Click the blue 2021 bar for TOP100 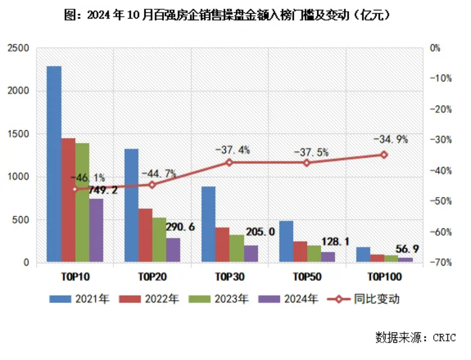(363, 255)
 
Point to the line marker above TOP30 (229, 162)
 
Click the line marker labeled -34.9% (384, 155)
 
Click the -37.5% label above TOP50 (311, 152)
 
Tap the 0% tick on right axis (435, 48)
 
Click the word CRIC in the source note (444, 338)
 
